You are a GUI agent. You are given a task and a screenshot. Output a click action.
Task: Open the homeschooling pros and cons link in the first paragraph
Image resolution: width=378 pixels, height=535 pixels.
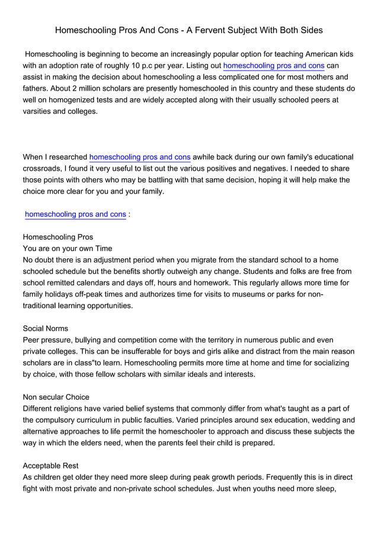pos(273,65)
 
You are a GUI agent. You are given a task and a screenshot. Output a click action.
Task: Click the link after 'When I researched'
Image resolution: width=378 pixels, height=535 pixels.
pos(140,157)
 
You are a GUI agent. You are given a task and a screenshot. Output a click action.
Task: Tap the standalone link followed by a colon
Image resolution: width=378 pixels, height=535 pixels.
pos(75,214)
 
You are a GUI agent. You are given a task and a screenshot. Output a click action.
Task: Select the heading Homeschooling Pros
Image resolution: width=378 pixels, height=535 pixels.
pos(57,237)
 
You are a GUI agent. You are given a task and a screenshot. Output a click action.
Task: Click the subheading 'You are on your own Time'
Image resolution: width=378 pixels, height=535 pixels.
pos(67,249)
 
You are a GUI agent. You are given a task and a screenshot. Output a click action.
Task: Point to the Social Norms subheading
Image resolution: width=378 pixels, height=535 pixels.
pos(45,328)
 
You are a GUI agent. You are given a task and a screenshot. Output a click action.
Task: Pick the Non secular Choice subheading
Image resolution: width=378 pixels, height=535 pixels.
pos(56,397)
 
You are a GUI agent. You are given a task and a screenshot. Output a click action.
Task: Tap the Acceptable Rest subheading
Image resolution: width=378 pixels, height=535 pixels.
pos(50,466)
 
